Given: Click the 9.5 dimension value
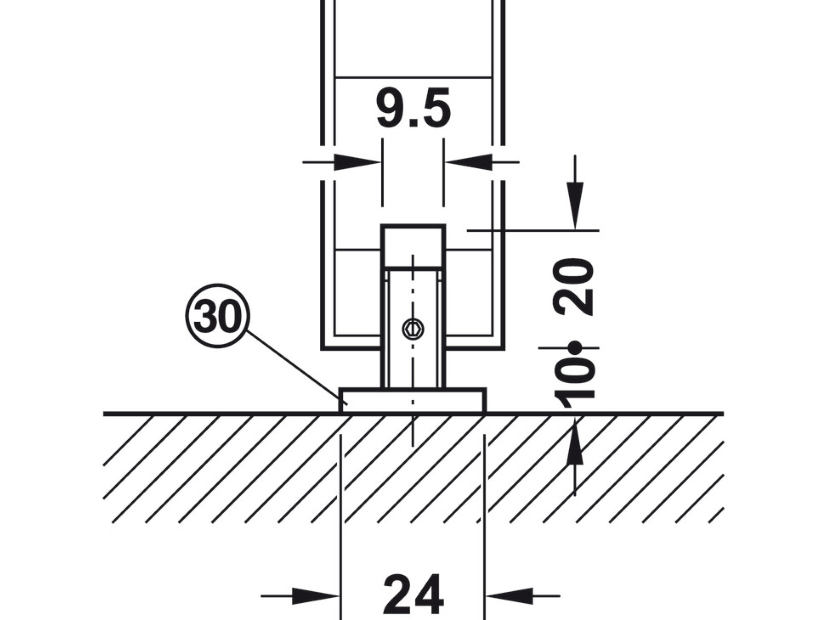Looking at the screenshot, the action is point(413,109).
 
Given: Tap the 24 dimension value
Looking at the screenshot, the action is point(413,594).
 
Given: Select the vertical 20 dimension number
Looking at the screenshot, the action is point(575,287).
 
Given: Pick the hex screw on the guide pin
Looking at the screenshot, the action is point(413,329).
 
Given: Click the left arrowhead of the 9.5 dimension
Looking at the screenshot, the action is point(358,162).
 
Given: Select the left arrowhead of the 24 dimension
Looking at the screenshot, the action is point(316,596).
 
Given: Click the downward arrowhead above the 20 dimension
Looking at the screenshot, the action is point(575,205).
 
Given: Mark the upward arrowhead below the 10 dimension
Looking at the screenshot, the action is point(575,439).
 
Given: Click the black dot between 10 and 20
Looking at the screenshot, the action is point(575,348).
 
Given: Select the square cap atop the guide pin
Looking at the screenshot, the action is point(413,246).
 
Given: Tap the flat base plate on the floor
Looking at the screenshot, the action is point(413,400).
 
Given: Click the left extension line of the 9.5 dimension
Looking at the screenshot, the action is point(382,172).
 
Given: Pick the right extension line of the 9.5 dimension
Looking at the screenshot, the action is point(444,172).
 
